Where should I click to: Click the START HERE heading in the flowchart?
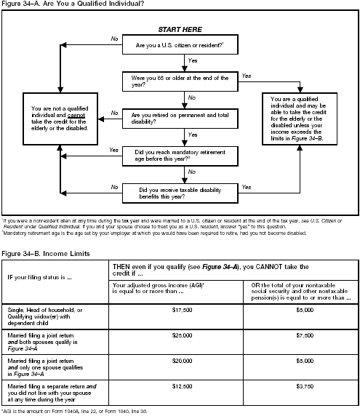tap(179, 30)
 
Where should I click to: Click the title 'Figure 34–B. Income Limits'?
tap(42, 254)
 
